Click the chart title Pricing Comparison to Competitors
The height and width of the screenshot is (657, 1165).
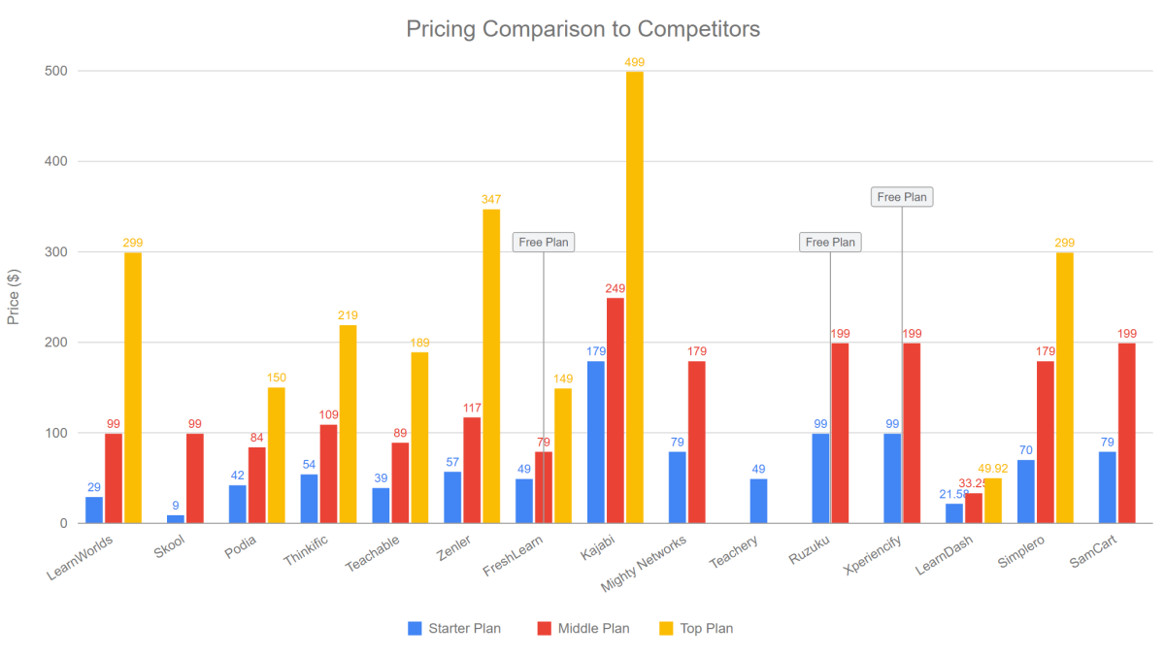pos(583,29)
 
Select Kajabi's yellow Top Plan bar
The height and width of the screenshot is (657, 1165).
pos(635,297)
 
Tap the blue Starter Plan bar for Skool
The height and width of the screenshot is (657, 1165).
pos(176,519)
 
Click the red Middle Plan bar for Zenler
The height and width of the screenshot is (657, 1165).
pos(472,470)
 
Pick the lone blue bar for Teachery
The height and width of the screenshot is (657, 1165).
pos(758,501)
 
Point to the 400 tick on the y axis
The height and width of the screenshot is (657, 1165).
pos(56,161)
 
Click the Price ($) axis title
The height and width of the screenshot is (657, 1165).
pos(13,297)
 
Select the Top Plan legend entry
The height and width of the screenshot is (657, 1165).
pos(696,629)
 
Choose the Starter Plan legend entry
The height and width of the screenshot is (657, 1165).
pos(454,629)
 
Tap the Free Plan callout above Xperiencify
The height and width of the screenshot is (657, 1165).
pos(902,197)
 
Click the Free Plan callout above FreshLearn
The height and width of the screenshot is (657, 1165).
pos(544,243)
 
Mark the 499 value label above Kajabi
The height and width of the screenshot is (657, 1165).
pos(635,62)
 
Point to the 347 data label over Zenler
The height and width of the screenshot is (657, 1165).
pos(491,200)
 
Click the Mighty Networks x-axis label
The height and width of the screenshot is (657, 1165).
pos(644,564)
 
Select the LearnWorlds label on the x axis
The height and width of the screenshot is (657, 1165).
pos(80,558)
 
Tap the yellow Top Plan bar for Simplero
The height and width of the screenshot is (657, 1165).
pos(1065,388)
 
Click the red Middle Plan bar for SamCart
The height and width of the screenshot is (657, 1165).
pos(1127,433)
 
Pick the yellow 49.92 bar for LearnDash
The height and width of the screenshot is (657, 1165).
pos(993,501)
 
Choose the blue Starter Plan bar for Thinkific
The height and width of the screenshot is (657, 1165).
pos(309,499)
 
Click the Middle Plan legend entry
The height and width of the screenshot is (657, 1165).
pos(583,629)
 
